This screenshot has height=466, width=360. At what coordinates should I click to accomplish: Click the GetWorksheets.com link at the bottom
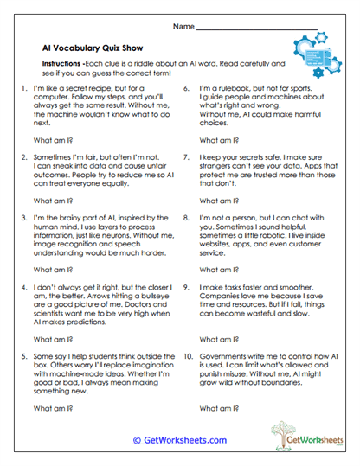coord(179,440)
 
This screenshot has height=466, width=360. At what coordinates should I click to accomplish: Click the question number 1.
coord(22,89)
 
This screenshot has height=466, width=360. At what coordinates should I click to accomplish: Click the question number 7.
coord(187,158)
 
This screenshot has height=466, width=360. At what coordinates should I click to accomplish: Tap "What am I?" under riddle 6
coord(219,138)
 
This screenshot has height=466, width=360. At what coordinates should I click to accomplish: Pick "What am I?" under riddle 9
coord(219,339)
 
